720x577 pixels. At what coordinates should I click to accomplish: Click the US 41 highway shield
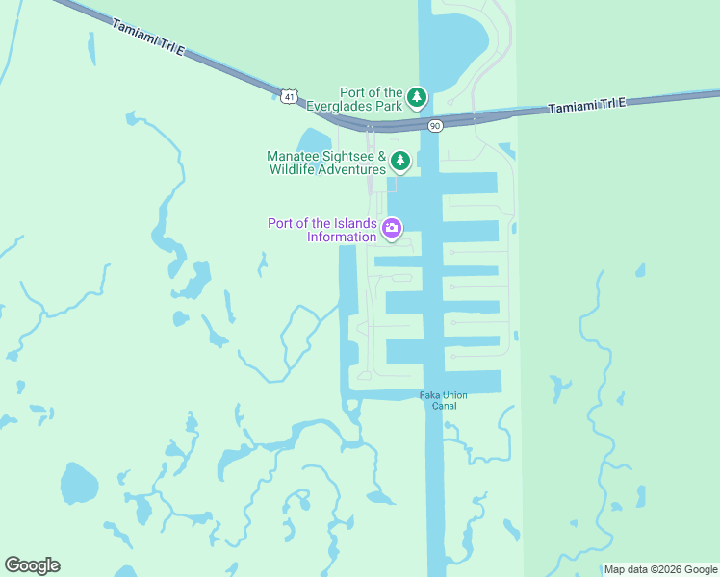(x=290, y=94)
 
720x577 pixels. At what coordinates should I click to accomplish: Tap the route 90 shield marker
(x=435, y=125)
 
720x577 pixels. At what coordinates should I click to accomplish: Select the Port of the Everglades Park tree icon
(x=416, y=97)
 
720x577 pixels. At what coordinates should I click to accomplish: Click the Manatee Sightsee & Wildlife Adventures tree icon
(x=399, y=161)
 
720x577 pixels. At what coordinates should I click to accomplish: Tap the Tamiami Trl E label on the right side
(x=587, y=106)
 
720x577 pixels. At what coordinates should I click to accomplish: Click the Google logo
(x=32, y=565)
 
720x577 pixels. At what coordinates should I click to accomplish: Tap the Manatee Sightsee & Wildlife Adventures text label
(x=326, y=163)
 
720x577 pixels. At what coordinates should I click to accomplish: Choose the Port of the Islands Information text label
(x=321, y=231)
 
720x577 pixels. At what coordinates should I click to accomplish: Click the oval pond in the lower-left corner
(x=78, y=482)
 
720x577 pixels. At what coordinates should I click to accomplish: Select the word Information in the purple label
(x=342, y=237)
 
